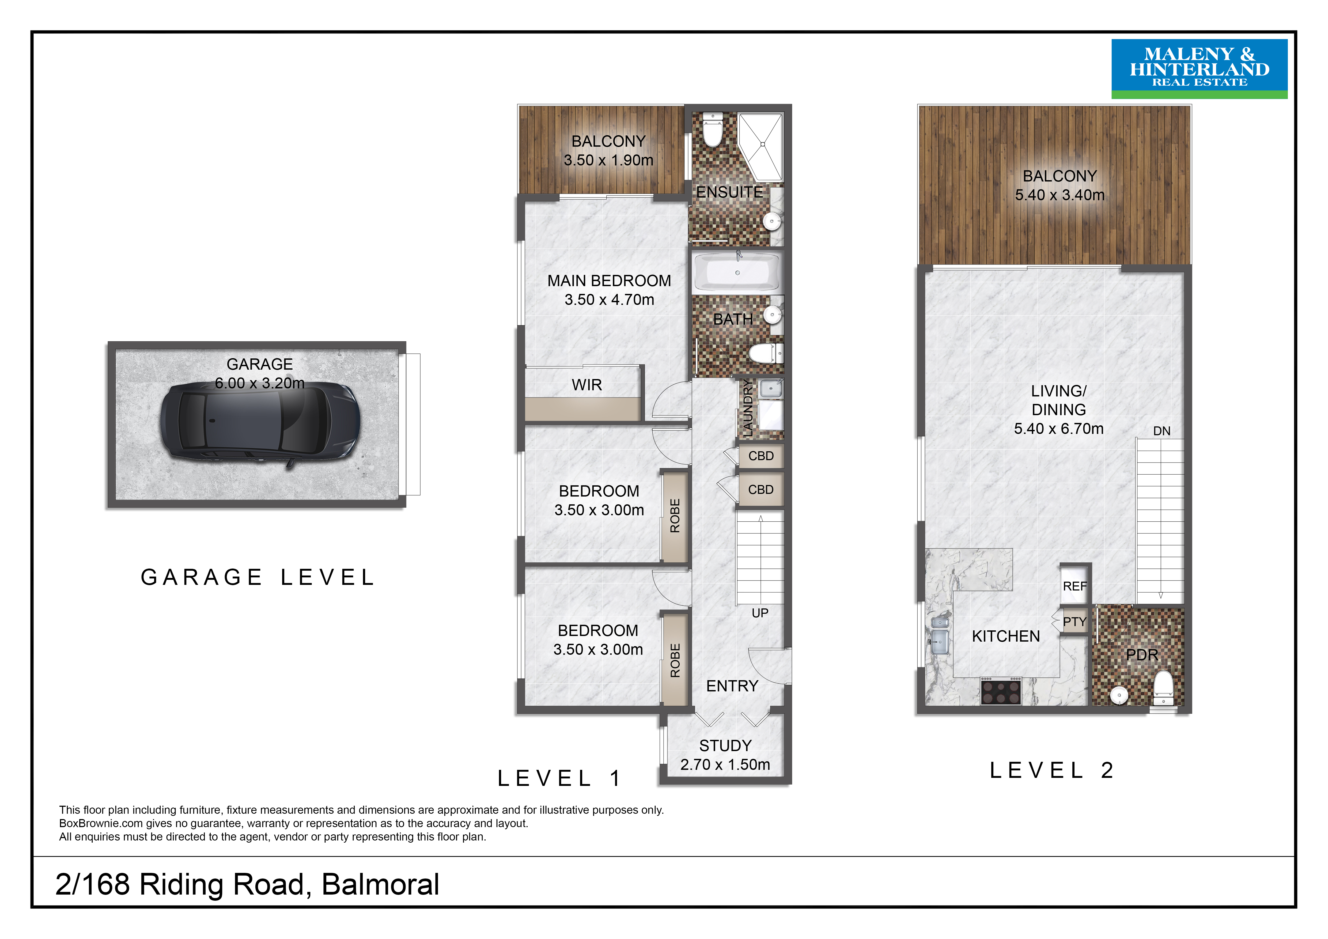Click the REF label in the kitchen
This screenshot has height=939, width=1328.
1075,586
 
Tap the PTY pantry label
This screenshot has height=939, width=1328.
1075,622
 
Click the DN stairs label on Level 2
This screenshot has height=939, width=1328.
1161,431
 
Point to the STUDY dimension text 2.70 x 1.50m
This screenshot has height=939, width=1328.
725,765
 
